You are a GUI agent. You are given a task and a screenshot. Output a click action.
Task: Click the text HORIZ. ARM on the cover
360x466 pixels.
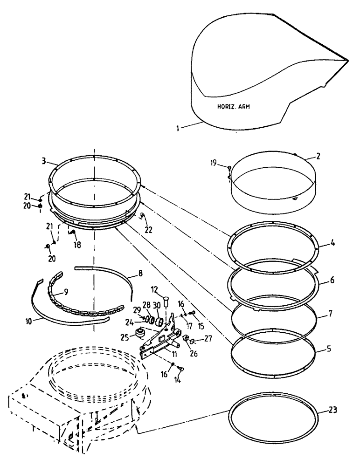click(x=233, y=107)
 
